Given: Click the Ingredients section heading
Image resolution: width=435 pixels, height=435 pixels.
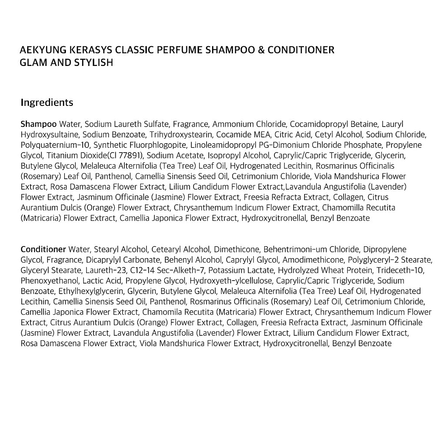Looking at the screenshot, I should (47, 103).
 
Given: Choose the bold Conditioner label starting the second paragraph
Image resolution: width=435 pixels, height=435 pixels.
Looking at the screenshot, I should (43, 249).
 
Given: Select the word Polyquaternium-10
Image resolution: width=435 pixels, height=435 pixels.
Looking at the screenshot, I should (55, 145).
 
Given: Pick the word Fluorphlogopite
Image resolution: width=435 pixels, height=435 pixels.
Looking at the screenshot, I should (156, 145).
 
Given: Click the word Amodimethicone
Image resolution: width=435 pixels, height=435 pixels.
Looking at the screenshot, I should (313, 260).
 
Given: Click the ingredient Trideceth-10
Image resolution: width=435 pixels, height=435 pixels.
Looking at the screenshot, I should (400, 270).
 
